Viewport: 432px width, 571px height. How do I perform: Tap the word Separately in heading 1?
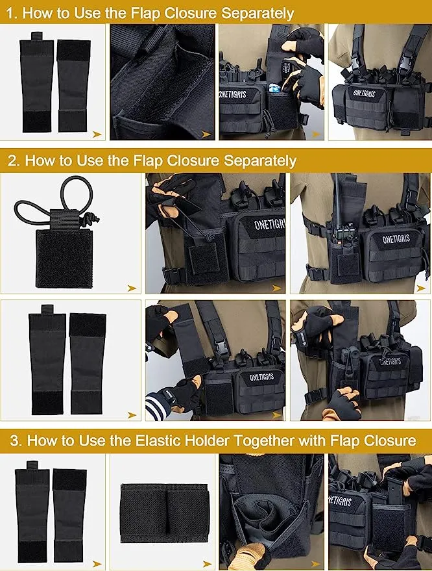[x=258, y=13]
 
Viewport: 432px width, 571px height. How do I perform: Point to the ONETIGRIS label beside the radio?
[x=396, y=240]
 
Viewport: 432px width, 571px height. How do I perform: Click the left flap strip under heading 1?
[x=36, y=85]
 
